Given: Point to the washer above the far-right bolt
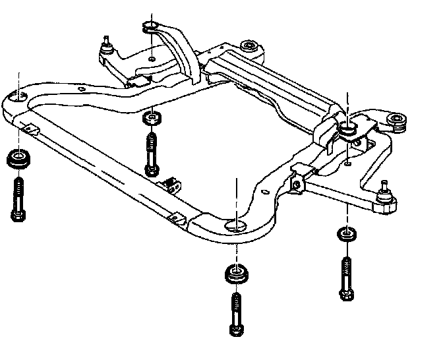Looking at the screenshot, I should coord(347,233).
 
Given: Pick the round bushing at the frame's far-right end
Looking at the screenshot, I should coord(397,121).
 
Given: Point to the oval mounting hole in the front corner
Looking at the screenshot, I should coord(235,227).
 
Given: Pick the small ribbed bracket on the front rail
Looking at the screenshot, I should coord(173,185).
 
